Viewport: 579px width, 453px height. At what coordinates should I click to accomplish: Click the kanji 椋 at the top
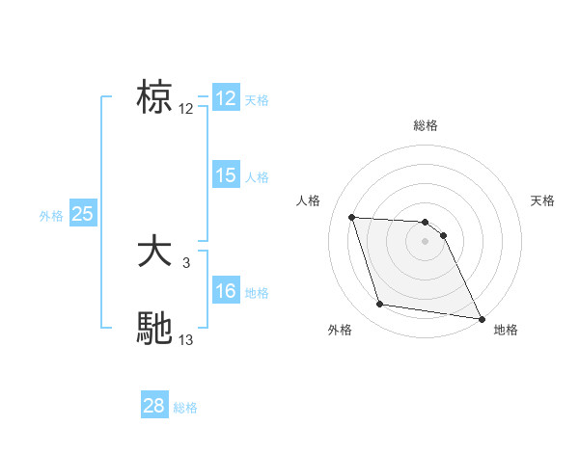155,97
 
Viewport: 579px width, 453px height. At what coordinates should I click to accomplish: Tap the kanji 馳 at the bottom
155,328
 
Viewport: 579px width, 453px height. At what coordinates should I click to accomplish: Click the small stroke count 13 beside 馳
186,339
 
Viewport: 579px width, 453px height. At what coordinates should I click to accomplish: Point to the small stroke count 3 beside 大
186,261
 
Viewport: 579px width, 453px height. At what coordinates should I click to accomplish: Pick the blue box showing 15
226,175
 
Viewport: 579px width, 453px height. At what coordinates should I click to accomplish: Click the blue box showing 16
226,291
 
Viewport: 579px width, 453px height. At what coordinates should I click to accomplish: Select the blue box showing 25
83,214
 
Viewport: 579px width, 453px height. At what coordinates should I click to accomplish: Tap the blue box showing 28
154,406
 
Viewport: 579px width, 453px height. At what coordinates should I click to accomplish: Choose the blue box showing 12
226,98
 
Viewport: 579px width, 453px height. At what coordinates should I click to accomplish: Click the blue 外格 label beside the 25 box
51,216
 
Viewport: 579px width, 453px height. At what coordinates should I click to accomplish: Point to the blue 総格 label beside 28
185,408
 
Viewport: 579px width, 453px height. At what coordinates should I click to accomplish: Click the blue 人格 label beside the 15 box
257,177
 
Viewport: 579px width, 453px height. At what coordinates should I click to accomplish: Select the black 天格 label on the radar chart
542,200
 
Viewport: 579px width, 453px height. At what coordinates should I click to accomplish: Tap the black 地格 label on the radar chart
506,330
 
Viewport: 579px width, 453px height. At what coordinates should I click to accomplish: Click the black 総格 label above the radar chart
426,125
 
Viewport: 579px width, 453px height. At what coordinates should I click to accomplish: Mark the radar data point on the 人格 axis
351,217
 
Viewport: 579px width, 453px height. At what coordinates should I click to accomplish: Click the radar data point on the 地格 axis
481,317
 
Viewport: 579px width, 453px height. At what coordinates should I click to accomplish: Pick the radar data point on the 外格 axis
380,305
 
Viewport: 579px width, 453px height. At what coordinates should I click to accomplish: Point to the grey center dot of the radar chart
426,241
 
